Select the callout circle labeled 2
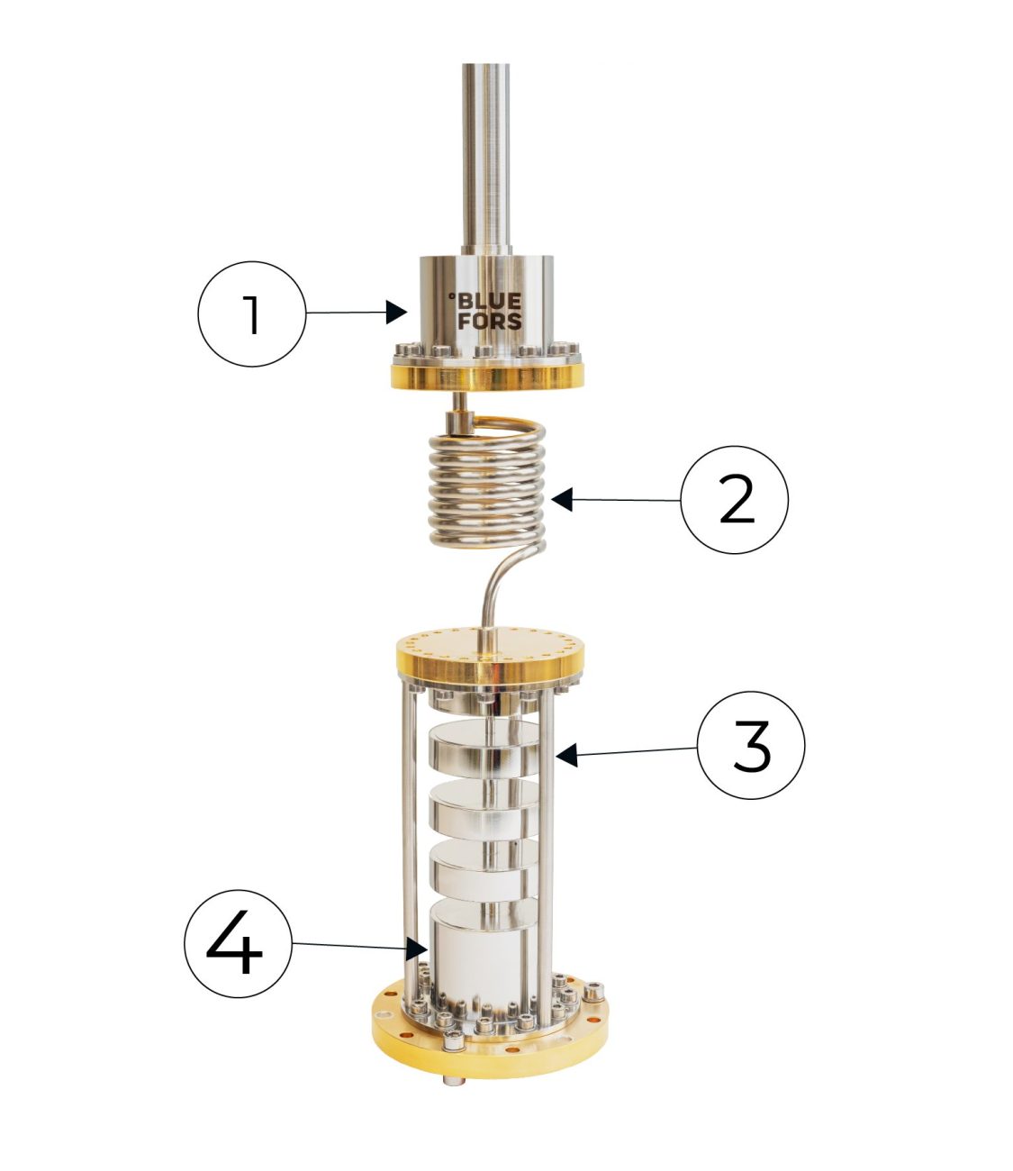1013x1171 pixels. (x=734, y=500)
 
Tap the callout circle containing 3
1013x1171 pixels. (x=751, y=745)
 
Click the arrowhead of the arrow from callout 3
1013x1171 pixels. (x=565, y=758)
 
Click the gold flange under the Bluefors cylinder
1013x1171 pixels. (x=486, y=377)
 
